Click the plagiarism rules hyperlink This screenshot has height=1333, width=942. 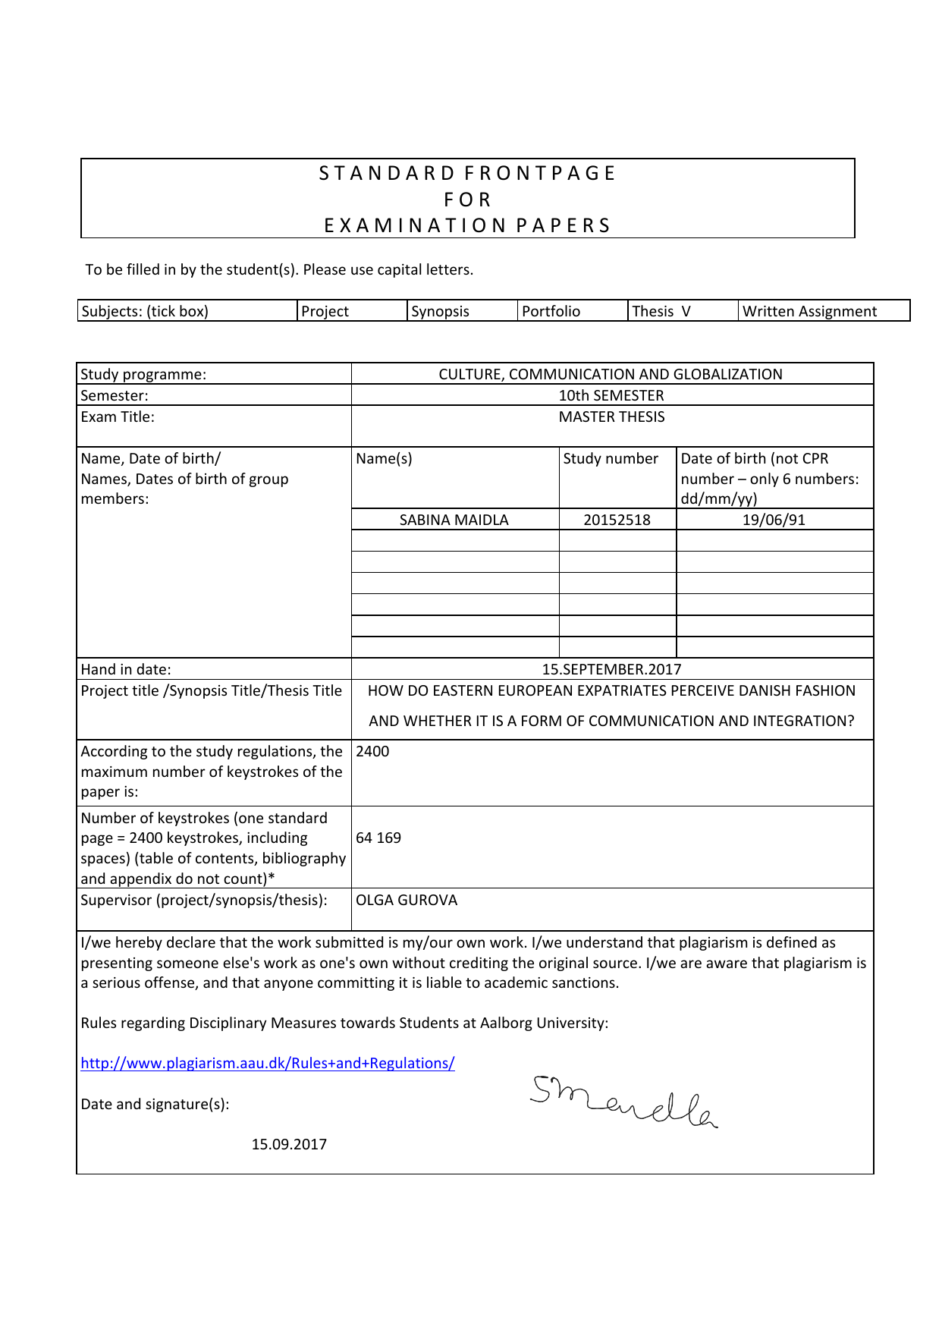(x=267, y=1063)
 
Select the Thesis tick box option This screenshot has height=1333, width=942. (x=661, y=311)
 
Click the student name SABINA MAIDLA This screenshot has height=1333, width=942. (x=454, y=520)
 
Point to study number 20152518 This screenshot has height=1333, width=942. (x=617, y=520)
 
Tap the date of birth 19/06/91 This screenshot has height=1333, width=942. (x=774, y=520)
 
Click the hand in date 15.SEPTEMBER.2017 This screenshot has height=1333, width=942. (x=611, y=669)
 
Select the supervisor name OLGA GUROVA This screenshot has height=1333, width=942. (x=407, y=900)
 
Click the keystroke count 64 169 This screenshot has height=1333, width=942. (x=378, y=838)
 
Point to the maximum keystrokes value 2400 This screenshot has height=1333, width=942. (x=372, y=751)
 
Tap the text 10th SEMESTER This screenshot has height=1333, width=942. (x=611, y=395)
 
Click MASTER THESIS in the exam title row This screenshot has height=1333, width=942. (x=611, y=417)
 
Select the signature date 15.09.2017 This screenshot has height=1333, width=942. (x=289, y=1144)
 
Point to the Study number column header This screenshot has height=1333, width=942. (x=611, y=458)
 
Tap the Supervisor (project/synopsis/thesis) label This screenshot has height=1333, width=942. (x=204, y=900)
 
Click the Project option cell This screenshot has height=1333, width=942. (x=325, y=311)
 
